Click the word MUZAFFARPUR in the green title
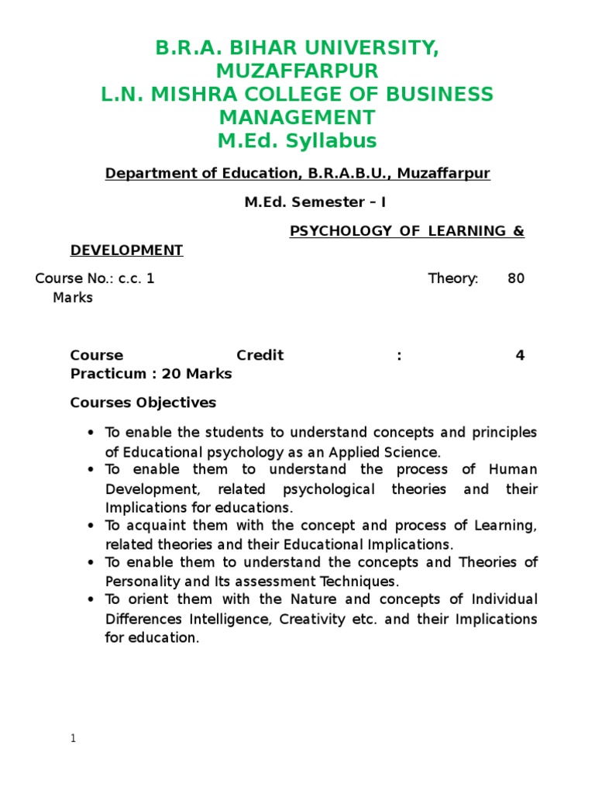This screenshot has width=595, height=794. point(297,71)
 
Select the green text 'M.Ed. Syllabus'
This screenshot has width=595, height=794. point(297,140)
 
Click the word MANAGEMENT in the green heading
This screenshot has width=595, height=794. point(297,118)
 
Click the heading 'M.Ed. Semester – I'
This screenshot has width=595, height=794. point(315,202)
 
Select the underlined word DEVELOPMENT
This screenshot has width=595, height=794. point(126,250)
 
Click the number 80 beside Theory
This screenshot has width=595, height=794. point(516,279)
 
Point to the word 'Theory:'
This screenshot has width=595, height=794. point(453,279)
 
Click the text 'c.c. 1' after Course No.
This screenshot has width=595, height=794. point(136,279)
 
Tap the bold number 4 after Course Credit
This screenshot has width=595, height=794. point(520,356)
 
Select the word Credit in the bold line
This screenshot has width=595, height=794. point(260,356)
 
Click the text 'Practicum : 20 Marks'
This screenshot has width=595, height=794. point(151,374)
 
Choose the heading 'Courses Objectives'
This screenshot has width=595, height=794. point(143,403)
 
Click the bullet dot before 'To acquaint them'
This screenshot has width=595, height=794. point(91,526)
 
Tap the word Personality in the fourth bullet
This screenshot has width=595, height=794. point(140,581)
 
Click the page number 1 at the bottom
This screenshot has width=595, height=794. point(73,739)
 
